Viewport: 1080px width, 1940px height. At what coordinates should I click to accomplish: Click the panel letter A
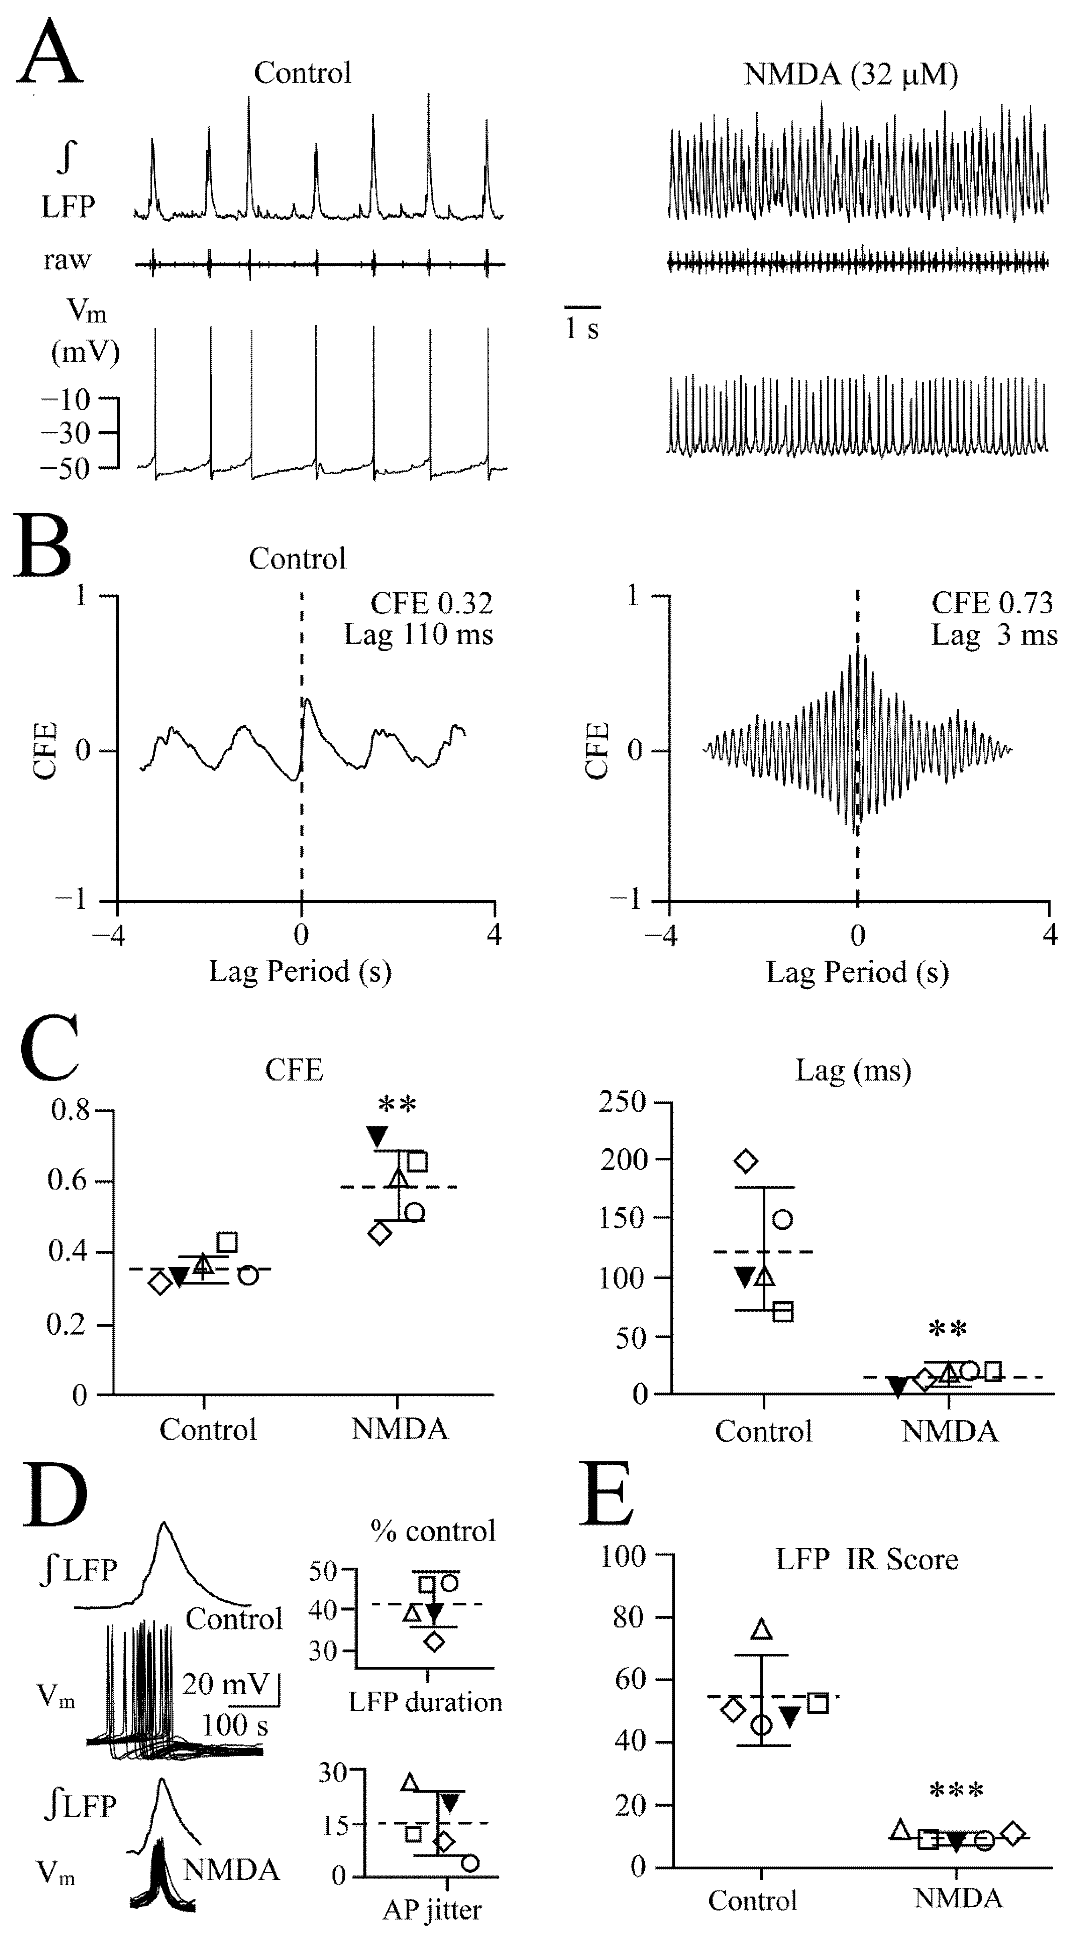tap(50, 53)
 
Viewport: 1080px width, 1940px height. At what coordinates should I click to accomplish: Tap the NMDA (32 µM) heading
tap(851, 74)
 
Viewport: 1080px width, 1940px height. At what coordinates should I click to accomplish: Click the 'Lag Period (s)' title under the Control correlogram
tap(300, 972)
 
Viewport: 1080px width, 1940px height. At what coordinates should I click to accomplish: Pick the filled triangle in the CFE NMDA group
tap(376, 1137)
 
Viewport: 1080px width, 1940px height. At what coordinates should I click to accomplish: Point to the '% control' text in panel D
tap(433, 1531)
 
